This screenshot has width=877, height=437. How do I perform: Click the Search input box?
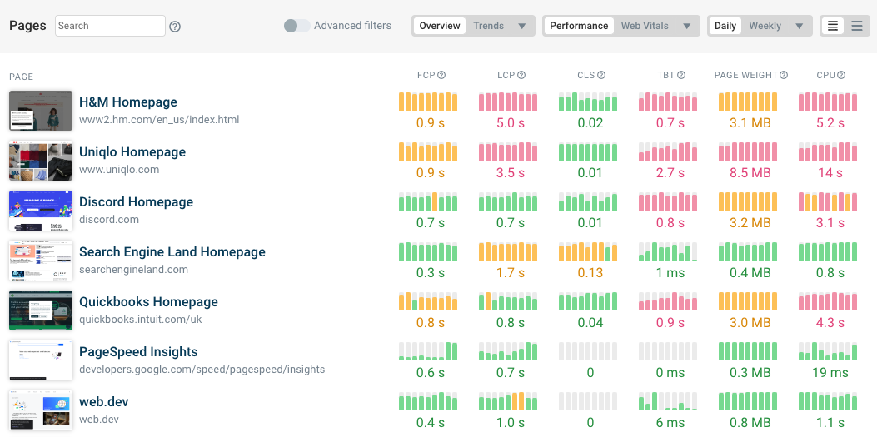click(x=110, y=26)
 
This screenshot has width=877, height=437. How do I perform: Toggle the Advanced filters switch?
click(x=296, y=26)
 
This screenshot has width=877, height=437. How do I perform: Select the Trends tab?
click(x=488, y=26)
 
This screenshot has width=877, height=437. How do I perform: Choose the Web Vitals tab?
click(x=645, y=26)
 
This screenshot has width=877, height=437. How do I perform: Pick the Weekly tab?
click(x=765, y=26)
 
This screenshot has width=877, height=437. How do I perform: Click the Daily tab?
click(x=725, y=26)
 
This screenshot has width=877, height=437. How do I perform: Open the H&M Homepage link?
click(x=128, y=102)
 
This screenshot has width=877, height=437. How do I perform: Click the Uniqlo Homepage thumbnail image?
click(x=41, y=161)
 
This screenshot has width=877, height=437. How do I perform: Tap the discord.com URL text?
click(x=109, y=220)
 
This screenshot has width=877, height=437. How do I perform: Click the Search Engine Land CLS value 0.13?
click(x=590, y=273)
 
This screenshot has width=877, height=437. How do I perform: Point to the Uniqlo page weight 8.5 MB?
click(x=750, y=173)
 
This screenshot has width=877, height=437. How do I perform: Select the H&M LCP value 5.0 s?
click(x=510, y=123)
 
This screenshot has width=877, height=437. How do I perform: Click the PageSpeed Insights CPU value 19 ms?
click(x=830, y=373)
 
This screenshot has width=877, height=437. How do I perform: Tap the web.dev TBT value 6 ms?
click(x=670, y=423)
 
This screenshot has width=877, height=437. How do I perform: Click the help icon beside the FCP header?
click(x=441, y=76)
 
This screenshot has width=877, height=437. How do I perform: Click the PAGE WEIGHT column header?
click(x=746, y=76)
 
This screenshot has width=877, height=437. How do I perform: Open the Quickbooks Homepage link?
click(x=148, y=302)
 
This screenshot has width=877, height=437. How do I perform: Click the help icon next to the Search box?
click(x=175, y=27)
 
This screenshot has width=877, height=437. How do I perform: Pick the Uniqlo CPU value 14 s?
click(x=830, y=173)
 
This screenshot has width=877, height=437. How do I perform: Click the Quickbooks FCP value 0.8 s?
click(x=430, y=323)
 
